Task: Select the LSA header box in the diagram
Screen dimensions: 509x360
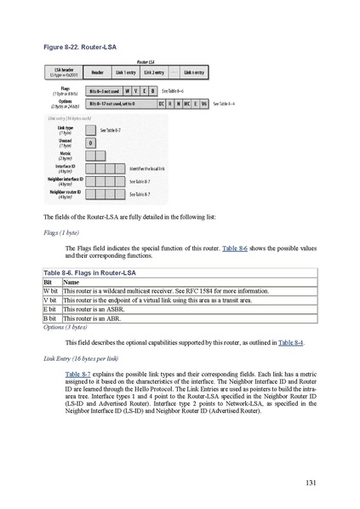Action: [x=64, y=73]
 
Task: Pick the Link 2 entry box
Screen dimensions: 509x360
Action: [x=153, y=73]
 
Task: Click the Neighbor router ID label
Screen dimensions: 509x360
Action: [x=63, y=194]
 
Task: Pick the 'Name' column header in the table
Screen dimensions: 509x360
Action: [x=60, y=281]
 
